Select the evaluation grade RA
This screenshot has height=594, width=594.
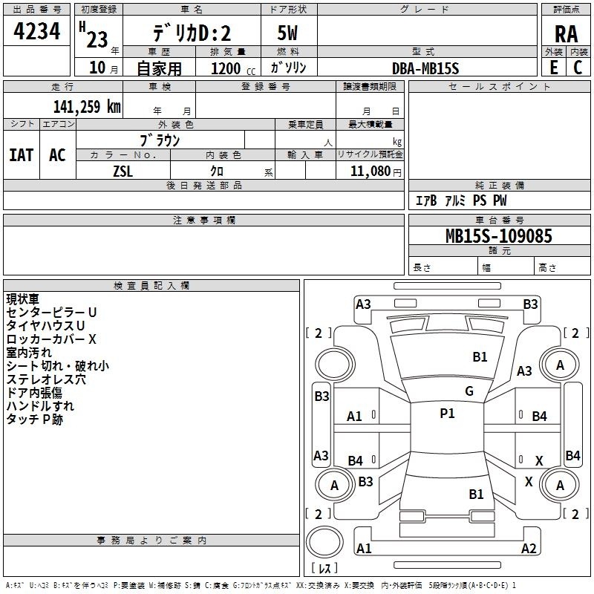(x=567, y=34)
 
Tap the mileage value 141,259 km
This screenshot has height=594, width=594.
(x=87, y=106)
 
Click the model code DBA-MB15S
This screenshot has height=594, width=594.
(x=425, y=68)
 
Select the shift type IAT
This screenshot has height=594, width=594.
(x=22, y=155)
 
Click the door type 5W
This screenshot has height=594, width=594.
(x=288, y=33)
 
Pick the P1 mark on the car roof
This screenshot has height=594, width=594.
(x=447, y=414)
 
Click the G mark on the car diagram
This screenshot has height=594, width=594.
(x=469, y=391)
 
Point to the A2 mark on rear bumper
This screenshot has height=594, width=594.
(x=529, y=549)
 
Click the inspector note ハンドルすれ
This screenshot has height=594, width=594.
(x=40, y=405)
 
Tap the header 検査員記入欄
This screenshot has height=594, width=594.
(x=151, y=286)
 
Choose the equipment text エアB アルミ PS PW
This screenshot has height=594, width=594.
(x=461, y=200)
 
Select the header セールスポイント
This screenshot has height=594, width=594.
(x=500, y=87)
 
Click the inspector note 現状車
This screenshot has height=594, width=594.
(x=23, y=298)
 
